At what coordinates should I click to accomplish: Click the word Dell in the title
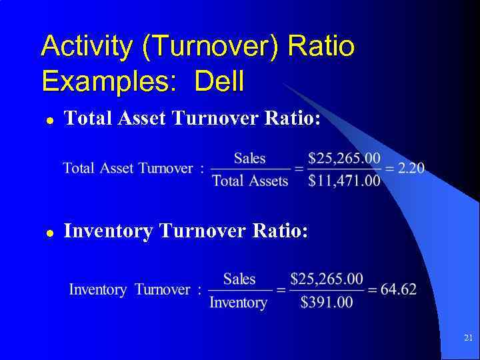[x=219, y=81]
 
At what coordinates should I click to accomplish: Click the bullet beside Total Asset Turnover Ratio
[x=49, y=121]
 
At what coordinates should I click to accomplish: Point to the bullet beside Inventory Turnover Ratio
[x=49, y=233]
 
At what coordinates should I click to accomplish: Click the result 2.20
[x=411, y=168]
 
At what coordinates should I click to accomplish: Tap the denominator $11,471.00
[x=345, y=181]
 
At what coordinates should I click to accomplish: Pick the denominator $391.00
[x=327, y=302]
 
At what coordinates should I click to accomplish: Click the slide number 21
[x=468, y=338]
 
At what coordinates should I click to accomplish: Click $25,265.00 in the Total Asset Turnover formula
[x=345, y=158]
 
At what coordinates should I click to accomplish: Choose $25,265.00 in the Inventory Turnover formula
[x=327, y=279]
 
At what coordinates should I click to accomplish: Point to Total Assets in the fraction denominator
[x=250, y=181]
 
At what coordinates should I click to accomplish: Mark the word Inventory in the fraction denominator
[x=238, y=302]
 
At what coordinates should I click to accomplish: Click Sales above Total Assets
[x=250, y=158]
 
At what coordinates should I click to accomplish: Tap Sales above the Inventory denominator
[x=239, y=279]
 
